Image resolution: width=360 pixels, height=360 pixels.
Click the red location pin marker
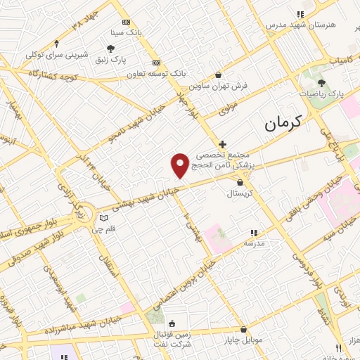(x=180, y=165)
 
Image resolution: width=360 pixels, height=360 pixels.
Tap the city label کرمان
(x=283, y=123)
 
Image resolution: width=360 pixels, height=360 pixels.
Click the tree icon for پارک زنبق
(x=110, y=48)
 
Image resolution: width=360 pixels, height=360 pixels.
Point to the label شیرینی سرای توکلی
(x=57, y=53)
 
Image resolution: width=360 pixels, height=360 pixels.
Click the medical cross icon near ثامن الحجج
(x=223, y=143)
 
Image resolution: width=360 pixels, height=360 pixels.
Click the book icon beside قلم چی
(x=105, y=218)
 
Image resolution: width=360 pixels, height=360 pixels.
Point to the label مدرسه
(x=254, y=243)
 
